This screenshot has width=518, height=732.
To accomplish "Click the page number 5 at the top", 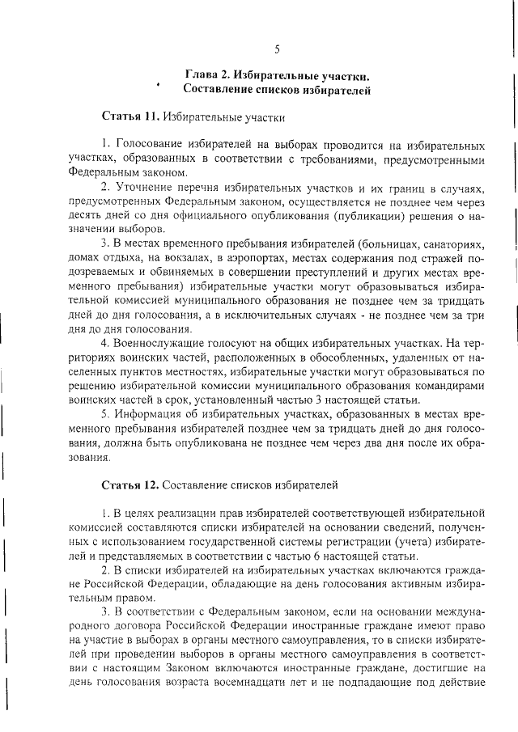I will point(277,49).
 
